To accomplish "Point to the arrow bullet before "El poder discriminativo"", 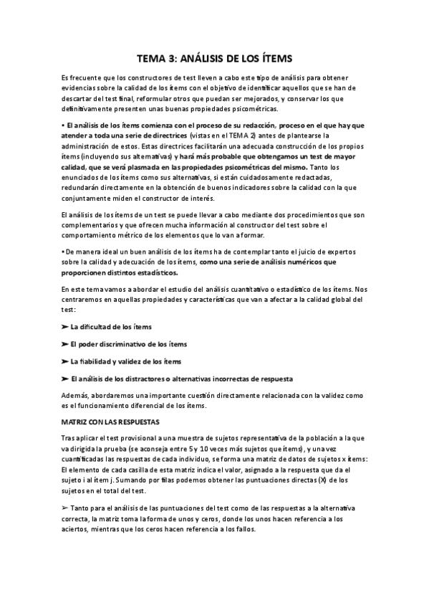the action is tap(64, 344).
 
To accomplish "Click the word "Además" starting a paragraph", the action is tap(77, 396).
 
